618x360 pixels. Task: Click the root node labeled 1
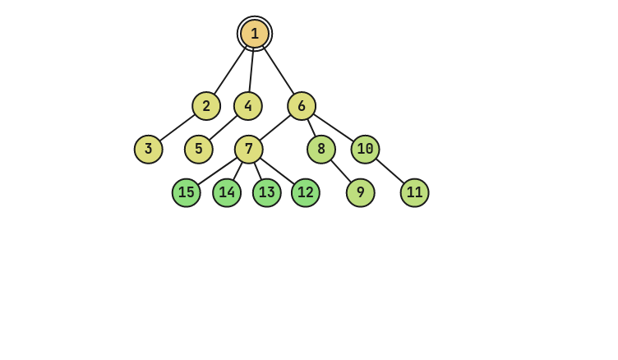(255, 34)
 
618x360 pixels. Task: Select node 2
(206, 106)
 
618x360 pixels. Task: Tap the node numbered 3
(149, 150)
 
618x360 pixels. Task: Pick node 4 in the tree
(248, 106)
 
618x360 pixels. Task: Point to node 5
(199, 150)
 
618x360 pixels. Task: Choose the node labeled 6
(302, 106)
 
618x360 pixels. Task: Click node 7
(249, 150)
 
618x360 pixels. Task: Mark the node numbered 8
(321, 150)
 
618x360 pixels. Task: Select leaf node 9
(361, 193)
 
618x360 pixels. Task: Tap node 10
(366, 150)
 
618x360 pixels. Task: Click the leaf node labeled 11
(415, 193)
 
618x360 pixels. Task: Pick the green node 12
(306, 193)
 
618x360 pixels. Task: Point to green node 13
(267, 193)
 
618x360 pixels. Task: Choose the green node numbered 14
(227, 193)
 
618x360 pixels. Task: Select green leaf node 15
(187, 193)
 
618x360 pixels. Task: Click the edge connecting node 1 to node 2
(228, 72)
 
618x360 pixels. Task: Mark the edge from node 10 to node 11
(390, 171)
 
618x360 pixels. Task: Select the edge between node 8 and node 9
(341, 171)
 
